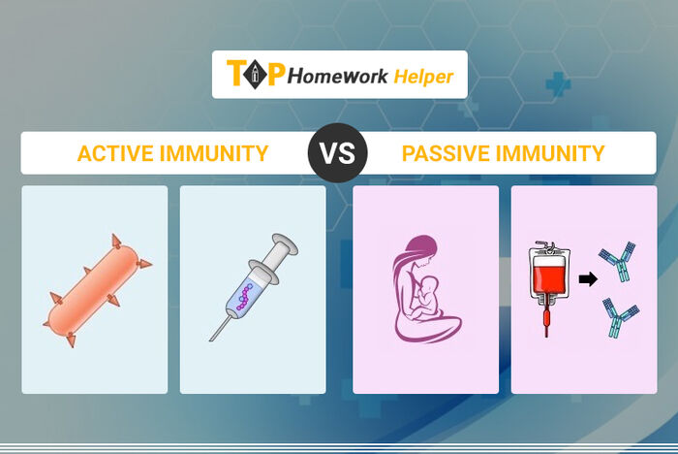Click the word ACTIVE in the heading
(x=115, y=153)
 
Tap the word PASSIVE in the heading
(x=445, y=153)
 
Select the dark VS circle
(x=338, y=153)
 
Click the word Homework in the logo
(x=338, y=77)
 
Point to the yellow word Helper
(x=423, y=77)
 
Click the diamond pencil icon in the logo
(x=255, y=74)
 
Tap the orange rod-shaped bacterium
(x=96, y=291)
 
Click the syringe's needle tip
(x=210, y=340)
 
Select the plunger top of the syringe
(x=285, y=243)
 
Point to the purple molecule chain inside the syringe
(x=245, y=296)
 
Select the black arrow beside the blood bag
(x=588, y=279)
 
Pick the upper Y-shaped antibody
(x=618, y=261)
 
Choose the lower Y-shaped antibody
(x=621, y=316)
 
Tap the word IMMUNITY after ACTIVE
(x=214, y=153)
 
